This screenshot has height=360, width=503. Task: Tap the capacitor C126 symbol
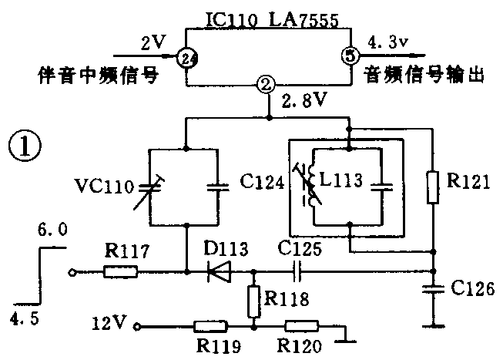[x=434, y=289]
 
